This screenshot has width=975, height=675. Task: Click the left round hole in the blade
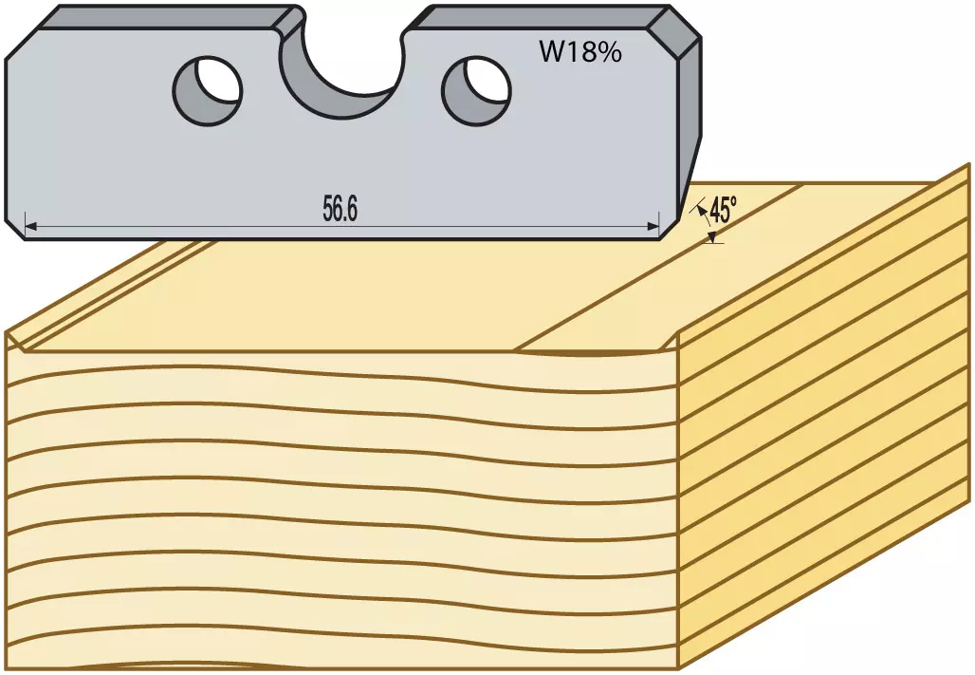coord(207,91)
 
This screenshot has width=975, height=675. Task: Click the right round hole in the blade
coord(476,91)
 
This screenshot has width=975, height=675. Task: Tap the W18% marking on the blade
coord(580,52)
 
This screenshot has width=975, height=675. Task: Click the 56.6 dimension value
coord(340,209)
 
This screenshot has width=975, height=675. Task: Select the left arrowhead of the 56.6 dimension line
coord(31,227)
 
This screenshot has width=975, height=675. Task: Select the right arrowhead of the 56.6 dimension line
coord(653,227)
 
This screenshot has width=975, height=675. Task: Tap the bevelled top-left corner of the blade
coord(23,46)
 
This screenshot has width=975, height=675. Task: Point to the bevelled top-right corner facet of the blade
coord(674,31)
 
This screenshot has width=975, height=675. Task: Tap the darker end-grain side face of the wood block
coord(825,417)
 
